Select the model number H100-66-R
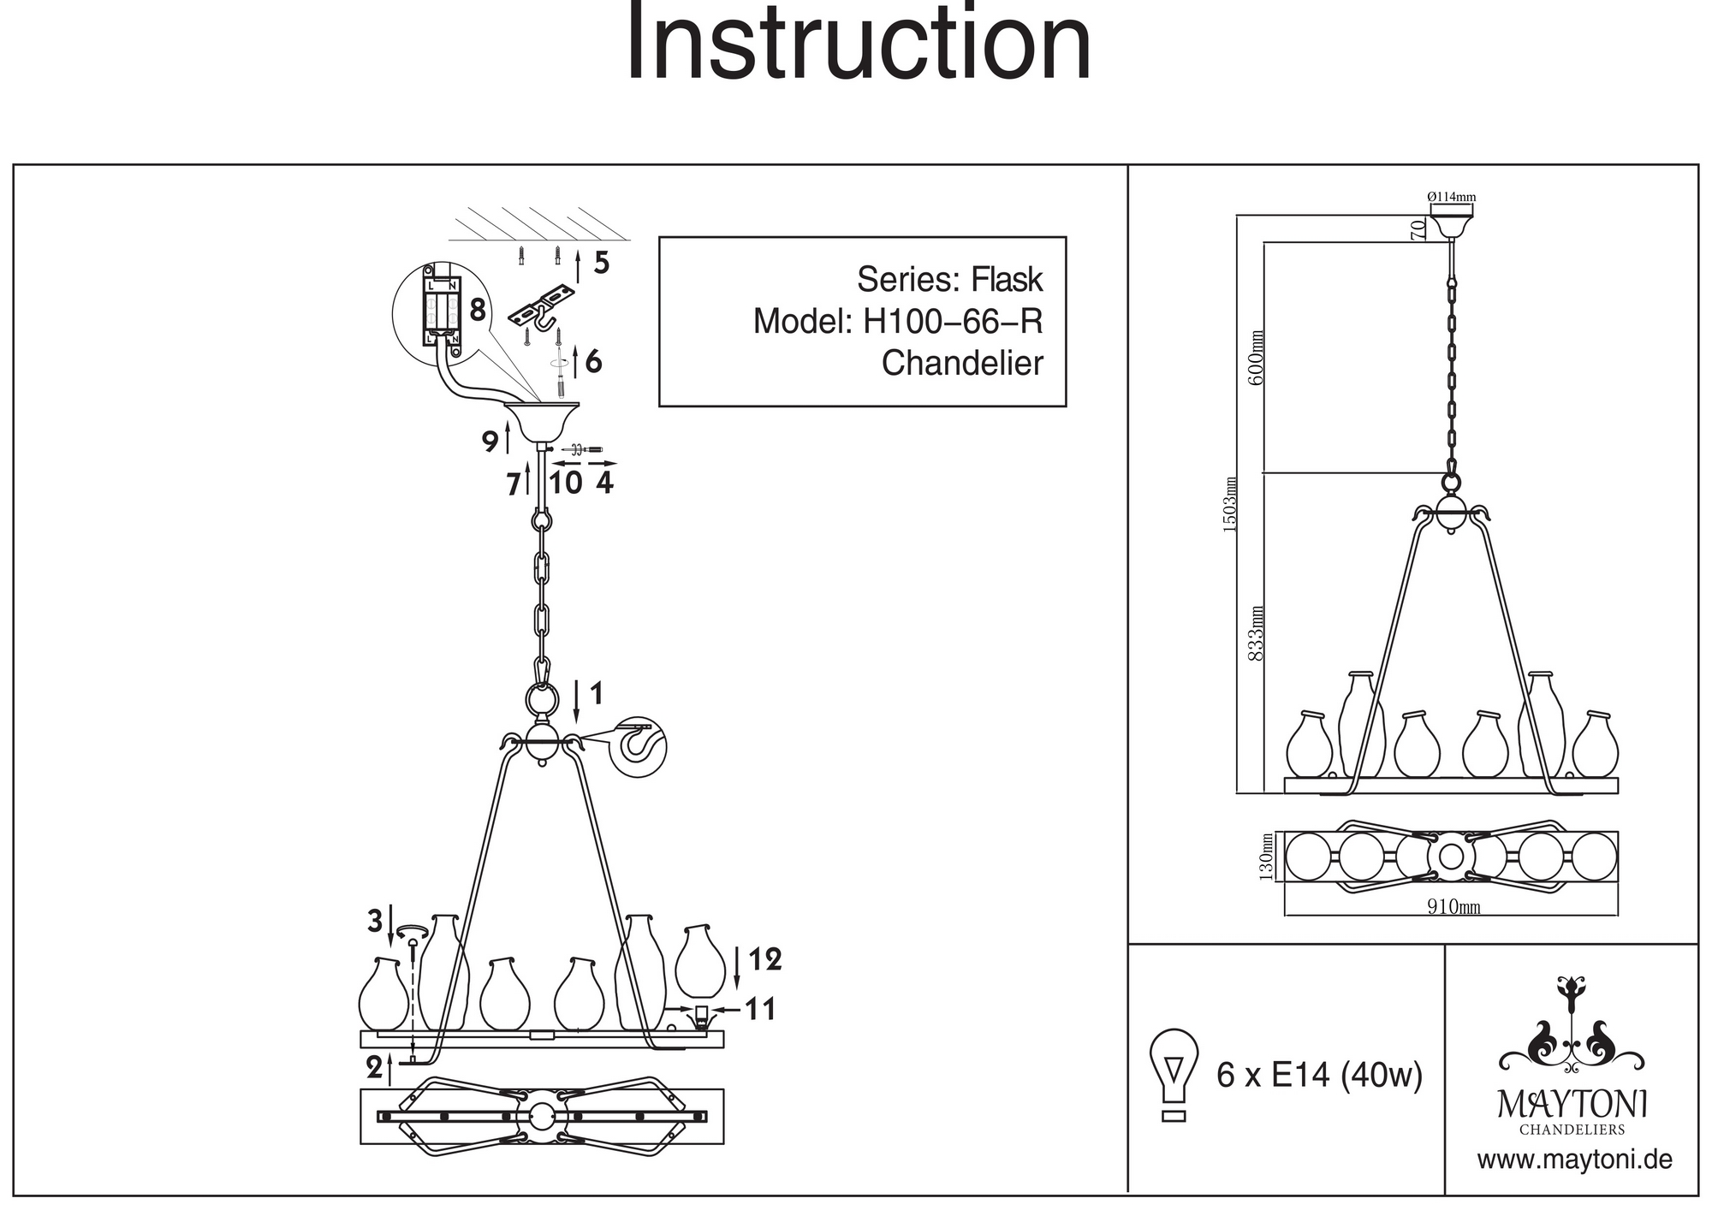click(953, 322)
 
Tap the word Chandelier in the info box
click(962, 363)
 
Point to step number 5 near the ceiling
click(602, 264)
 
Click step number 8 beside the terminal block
click(477, 310)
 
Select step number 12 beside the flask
click(764, 960)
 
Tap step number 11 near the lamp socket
click(760, 1009)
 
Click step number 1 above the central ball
click(597, 693)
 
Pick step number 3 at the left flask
click(375, 922)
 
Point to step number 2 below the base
click(374, 1067)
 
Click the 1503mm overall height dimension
click(1230, 505)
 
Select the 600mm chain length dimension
click(1256, 357)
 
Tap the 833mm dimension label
click(1256, 633)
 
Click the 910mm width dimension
click(1453, 906)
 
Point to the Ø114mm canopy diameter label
click(1452, 197)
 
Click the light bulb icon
click(1174, 1074)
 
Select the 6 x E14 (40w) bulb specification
click(1319, 1075)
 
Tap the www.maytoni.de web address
click(1574, 1160)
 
